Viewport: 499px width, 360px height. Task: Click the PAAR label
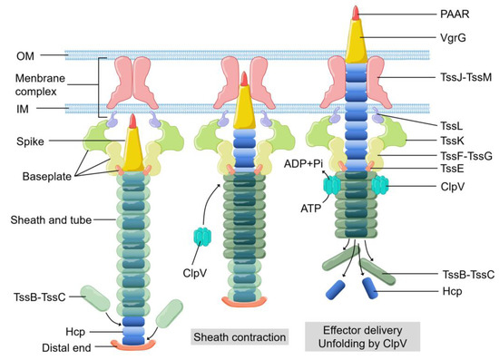[445, 15]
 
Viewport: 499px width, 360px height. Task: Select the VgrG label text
[443, 39]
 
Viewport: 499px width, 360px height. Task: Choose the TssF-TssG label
[454, 157]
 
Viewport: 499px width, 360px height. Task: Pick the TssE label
[442, 170]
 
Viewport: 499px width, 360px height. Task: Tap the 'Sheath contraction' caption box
[240, 336]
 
